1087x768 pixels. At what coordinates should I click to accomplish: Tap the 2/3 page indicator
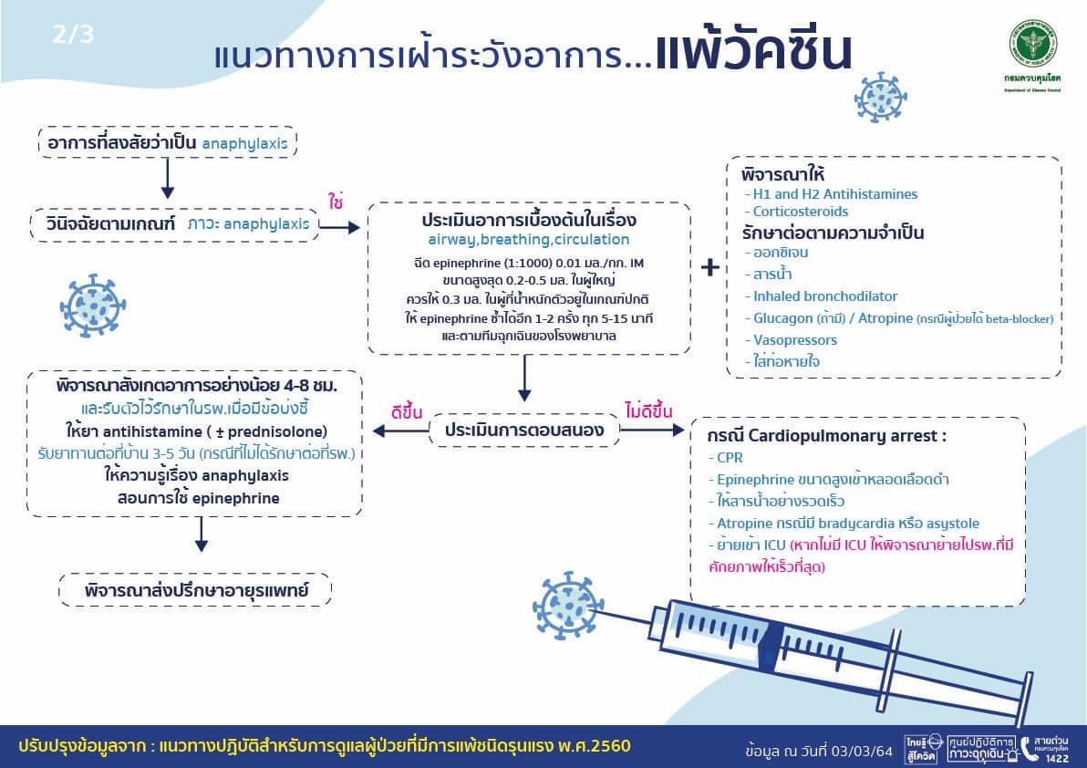click(74, 36)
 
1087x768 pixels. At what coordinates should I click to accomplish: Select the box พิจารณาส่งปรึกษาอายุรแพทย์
click(195, 590)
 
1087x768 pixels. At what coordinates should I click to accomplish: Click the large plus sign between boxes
click(710, 267)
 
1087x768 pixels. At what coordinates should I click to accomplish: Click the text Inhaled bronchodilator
click(825, 296)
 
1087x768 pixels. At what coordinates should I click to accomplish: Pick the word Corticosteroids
click(800, 212)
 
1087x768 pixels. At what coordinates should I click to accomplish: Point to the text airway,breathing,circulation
click(529, 240)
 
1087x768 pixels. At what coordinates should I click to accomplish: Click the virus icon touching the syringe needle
click(569, 604)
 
